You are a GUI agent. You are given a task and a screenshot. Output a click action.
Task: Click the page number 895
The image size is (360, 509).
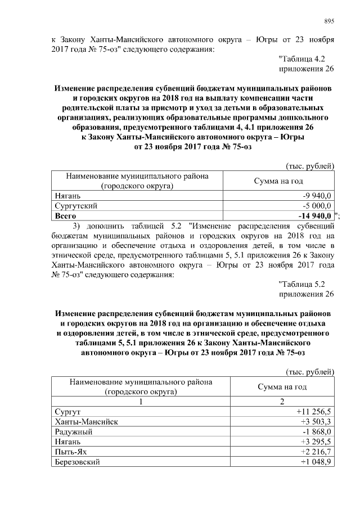click(x=329, y=21)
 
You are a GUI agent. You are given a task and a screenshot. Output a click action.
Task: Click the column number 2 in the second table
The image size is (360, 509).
click(x=282, y=402)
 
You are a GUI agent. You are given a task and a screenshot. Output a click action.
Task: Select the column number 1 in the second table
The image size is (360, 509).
click(x=141, y=402)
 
